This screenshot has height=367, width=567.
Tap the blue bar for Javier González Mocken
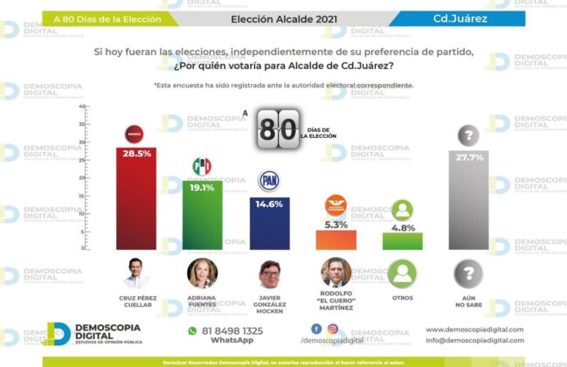(x=268, y=224)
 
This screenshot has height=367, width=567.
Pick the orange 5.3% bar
(x=335, y=239)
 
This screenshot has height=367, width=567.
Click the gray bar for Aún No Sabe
(x=469, y=200)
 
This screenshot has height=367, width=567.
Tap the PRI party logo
(x=202, y=166)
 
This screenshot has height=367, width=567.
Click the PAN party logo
(x=268, y=182)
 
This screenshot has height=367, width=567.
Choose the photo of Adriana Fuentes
(x=202, y=274)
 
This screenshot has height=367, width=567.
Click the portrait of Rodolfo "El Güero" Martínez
(x=335, y=274)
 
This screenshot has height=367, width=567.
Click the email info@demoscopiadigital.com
(x=474, y=341)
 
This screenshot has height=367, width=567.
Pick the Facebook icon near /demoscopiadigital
(x=316, y=329)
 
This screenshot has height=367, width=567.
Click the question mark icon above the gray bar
(x=469, y=135)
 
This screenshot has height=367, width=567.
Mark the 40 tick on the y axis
(x=82, y=107)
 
